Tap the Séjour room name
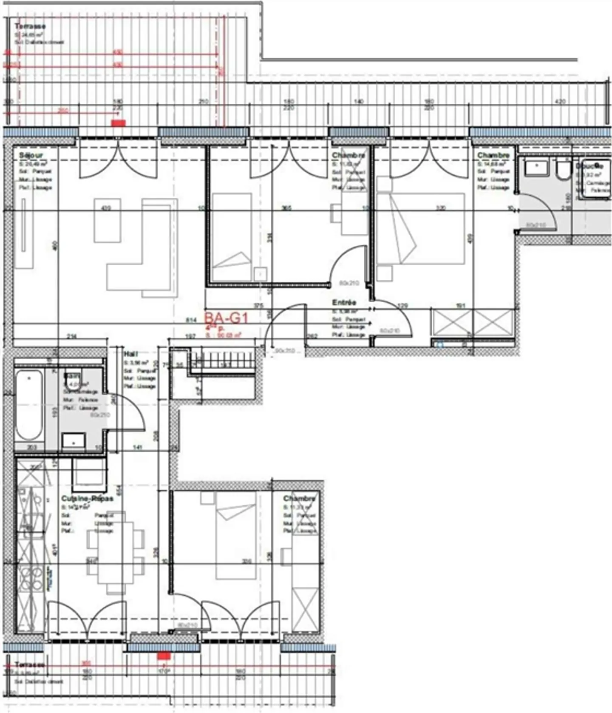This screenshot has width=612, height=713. pyautogui.click(x=31, y=156)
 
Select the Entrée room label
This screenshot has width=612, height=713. pyautogui.click(x=344, y=303)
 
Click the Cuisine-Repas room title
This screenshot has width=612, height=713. pyautogui.click(x=87, y=498)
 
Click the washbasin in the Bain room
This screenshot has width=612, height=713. pyautogui.click(x=74, y=442)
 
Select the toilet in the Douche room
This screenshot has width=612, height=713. pyautogui.click(x=563, y=169)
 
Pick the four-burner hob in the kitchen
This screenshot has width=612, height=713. pyautogui.click(x=31, y=578)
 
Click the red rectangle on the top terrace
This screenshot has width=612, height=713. pyautogui.click(x=118, y=123)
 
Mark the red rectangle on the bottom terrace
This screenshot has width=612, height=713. pyautogui.click(x=164, y=656)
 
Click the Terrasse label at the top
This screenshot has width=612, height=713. pyautogui.click(x=30, y=26)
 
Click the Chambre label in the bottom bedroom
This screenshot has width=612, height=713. pyautogui.click(x=300, y=498)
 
